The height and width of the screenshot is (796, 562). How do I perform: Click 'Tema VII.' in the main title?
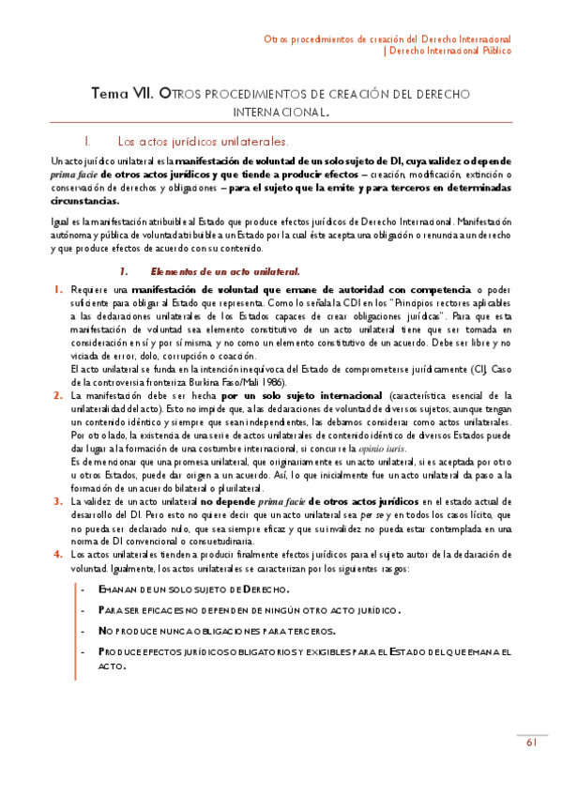pos(123,93)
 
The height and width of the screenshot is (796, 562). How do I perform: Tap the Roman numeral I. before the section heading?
pos(86,143)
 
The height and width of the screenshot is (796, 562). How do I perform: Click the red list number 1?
pos(57,290)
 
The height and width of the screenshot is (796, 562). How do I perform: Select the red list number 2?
pos(57,397)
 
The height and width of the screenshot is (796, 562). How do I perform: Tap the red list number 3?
pos(57,503)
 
